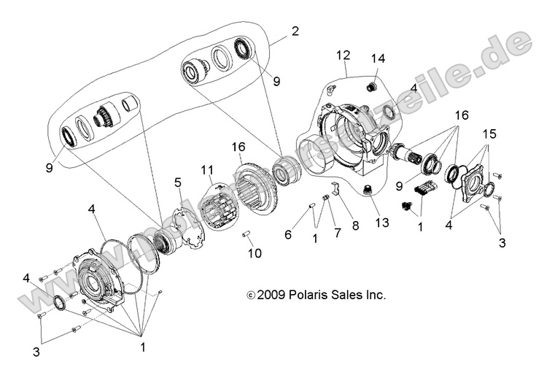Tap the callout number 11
tap(207, 169)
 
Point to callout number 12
tap(343, 55)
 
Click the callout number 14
tap(377, 58)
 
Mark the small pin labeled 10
tap(246, 235)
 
